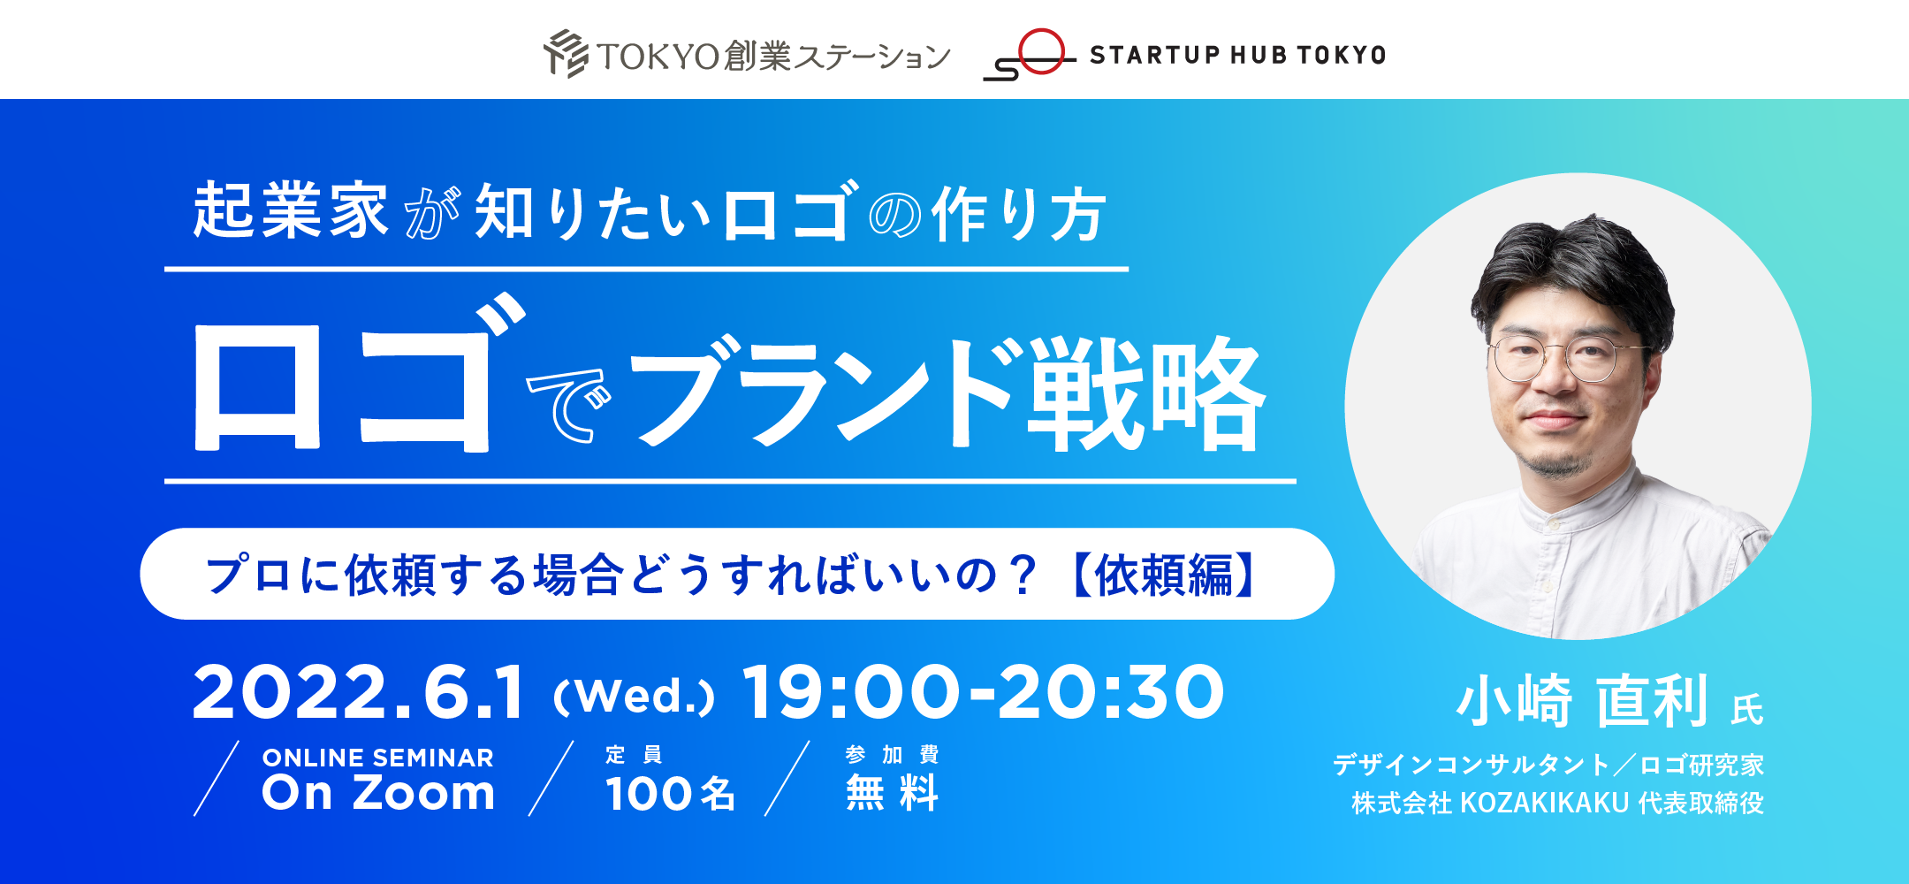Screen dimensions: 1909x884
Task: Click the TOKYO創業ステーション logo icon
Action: [566, 54]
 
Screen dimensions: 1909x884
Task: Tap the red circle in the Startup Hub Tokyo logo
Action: [1042, 51]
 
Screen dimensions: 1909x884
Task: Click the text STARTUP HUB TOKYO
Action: [1237, 55]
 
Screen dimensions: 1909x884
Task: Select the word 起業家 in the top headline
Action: [291, 211]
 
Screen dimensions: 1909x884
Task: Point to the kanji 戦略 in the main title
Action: [1146, 393]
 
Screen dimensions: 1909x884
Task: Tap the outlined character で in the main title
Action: [569, 404]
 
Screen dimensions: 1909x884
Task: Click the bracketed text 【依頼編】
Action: [1164, 575]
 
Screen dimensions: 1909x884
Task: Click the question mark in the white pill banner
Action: [1024, 575]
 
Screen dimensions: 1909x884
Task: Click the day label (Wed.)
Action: [634, 697]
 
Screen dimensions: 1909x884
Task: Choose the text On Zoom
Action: [378, 793]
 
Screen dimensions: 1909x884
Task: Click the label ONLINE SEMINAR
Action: [378, 758]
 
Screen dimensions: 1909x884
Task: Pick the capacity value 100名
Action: [671, 793]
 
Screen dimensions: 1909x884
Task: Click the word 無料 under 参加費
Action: [892, 792]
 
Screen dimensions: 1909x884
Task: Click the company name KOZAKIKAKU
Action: [1544, 803]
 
